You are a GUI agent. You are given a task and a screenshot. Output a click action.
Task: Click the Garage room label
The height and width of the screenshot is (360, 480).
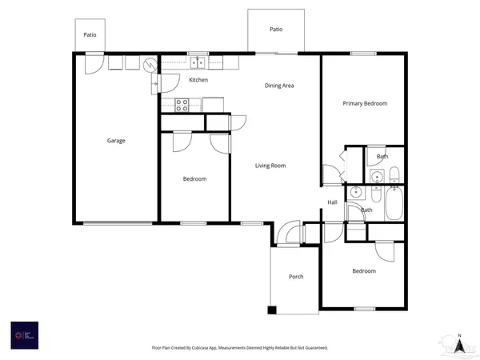(x=116, y=141)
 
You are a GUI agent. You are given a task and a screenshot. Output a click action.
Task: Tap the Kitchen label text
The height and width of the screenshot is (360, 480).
(x=198, y=80)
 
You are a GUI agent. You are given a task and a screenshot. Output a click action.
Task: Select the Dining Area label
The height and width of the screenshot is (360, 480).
(x=280, y=85)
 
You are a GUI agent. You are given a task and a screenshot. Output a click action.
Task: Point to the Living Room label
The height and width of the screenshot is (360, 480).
(x=270, y=166)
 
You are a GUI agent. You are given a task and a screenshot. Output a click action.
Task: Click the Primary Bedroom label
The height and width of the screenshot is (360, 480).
(x=365, y=103)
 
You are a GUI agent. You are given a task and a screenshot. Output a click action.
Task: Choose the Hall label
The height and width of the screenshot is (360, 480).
(x=332, y=202)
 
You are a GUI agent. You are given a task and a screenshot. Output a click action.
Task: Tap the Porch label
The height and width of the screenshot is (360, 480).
(x=296, y=277)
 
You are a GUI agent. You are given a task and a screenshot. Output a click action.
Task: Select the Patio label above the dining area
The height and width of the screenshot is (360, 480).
(x=276, y=29)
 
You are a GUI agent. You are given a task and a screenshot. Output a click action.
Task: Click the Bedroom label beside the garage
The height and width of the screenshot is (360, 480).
(x=194, y=178)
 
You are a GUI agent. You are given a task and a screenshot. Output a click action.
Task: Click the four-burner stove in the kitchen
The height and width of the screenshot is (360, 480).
(x=182, y=102)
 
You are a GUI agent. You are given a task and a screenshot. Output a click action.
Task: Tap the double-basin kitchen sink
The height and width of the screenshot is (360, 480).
(x=198, y=63)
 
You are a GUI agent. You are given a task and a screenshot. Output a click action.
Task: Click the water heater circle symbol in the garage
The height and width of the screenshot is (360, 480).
(x=149, y=65)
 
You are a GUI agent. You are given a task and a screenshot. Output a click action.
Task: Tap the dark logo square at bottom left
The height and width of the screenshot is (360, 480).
(x=24, y=335)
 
